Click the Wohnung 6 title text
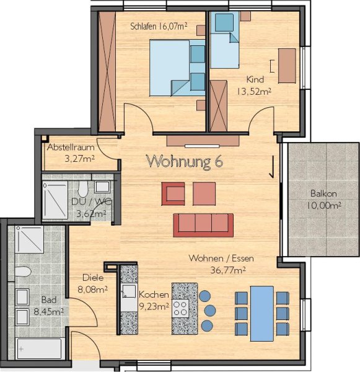click(185, 162)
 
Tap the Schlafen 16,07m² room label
click(159, 26)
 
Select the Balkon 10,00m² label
click(323, 199)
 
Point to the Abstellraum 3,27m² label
click(71, 153)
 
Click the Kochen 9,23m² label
click(154, 301)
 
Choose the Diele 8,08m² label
click(93, 283)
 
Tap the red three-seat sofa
click(203, 225)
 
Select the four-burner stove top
click(180, 308)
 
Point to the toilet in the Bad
click(23, 272)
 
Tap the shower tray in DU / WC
click(55, 201)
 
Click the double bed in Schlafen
click(177, 68)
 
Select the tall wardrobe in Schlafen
click(107, 71)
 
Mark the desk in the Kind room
click(287, 66)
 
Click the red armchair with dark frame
click(173, 193)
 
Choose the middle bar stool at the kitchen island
click(209, 311)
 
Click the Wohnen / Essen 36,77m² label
click(221, 264)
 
